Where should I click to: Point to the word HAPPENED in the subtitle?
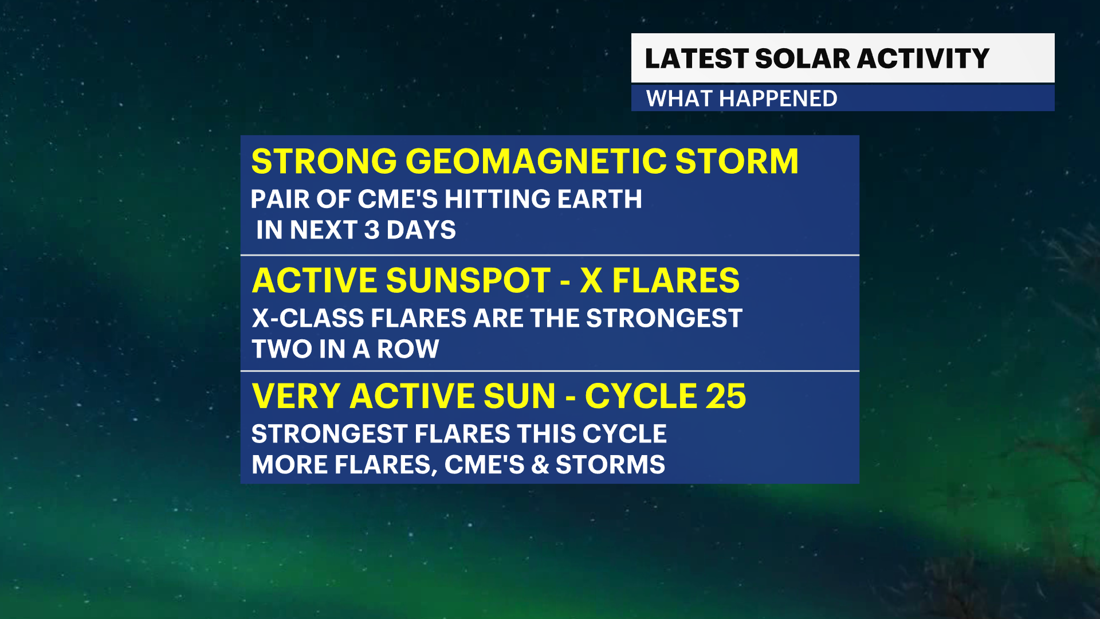coord(778,99)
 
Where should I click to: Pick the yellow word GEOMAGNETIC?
coord(536,161)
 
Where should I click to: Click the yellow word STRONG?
coord(324,161)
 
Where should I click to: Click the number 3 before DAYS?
coord(372,230)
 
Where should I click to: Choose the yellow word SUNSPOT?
coord(468,280)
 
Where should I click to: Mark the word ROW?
coord(408,349)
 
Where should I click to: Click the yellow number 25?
coord(726,396)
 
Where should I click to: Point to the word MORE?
coord(289,465)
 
